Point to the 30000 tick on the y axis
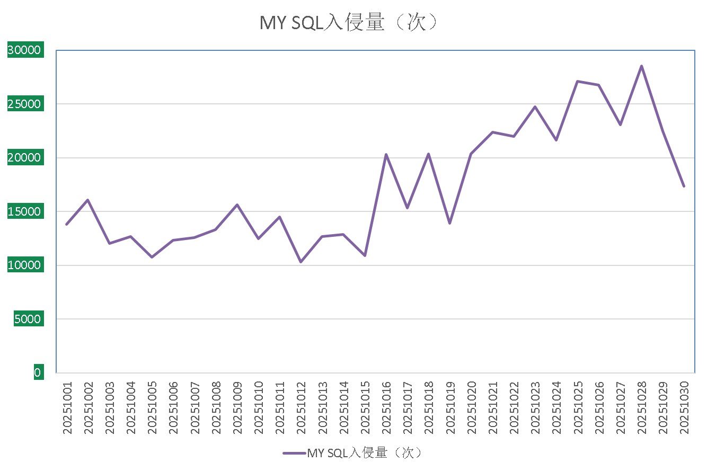point(24,50)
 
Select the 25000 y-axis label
point(24,104)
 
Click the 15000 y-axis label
point(24,211)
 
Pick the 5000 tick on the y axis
point(26,319)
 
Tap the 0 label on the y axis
point(37,372)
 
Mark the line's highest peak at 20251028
point(641,66)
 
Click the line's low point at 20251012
point(301,262)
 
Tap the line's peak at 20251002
point(88,200)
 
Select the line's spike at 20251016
point(386,154)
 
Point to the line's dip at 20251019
point(450,224)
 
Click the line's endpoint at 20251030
point(684,186)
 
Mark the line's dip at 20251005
point(152,257)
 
